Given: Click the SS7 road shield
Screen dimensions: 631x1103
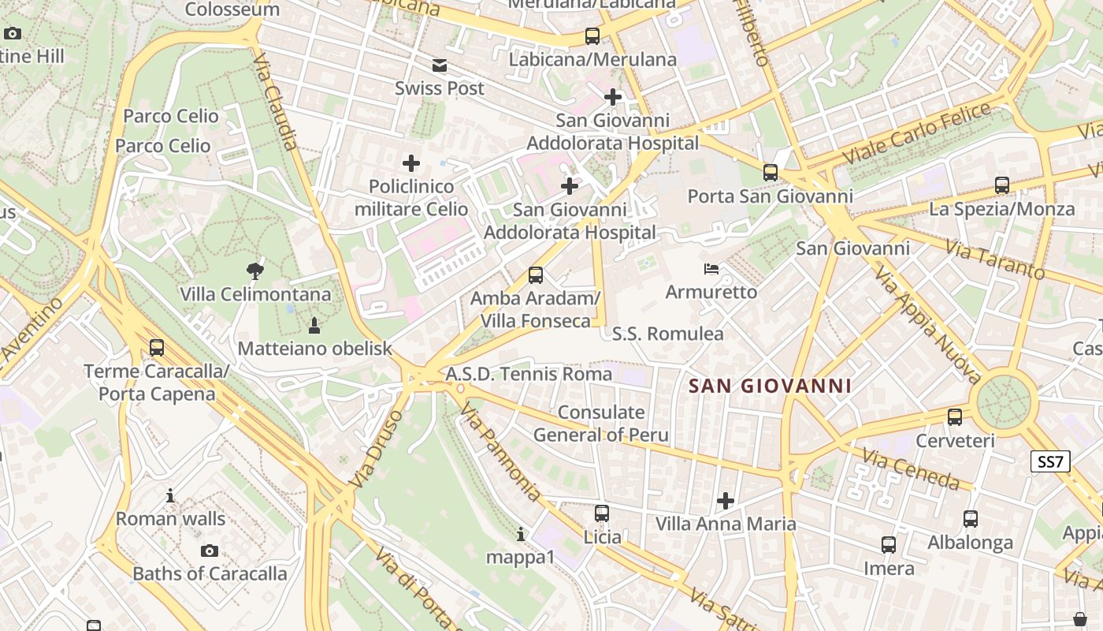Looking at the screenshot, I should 1051,461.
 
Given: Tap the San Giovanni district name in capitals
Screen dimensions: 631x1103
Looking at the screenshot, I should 770,386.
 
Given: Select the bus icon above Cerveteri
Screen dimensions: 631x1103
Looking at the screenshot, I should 955,416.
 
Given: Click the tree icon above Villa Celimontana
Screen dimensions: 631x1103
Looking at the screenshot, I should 254,271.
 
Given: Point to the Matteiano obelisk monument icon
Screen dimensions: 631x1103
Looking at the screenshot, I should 314,325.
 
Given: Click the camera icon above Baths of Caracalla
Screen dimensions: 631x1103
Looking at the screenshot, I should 209,551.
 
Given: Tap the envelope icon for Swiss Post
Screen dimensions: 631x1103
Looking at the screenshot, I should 440,65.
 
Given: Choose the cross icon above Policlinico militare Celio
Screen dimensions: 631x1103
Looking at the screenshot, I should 411,163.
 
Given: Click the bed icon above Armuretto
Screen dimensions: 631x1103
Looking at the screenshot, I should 711,269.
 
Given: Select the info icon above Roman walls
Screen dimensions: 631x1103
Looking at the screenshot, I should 170,495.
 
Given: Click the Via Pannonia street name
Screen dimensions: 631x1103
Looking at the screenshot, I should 501,452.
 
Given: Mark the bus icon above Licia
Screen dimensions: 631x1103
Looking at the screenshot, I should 602,513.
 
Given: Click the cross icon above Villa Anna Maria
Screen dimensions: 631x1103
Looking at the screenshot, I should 726,500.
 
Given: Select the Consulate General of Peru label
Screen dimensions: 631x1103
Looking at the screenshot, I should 601,424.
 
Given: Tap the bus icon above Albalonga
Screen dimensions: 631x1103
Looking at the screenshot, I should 971,518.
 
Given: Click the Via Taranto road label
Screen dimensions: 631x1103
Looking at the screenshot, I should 995,261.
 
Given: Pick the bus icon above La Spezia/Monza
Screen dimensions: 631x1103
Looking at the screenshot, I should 1001,185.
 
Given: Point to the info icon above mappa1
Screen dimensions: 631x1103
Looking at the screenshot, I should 520,534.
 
